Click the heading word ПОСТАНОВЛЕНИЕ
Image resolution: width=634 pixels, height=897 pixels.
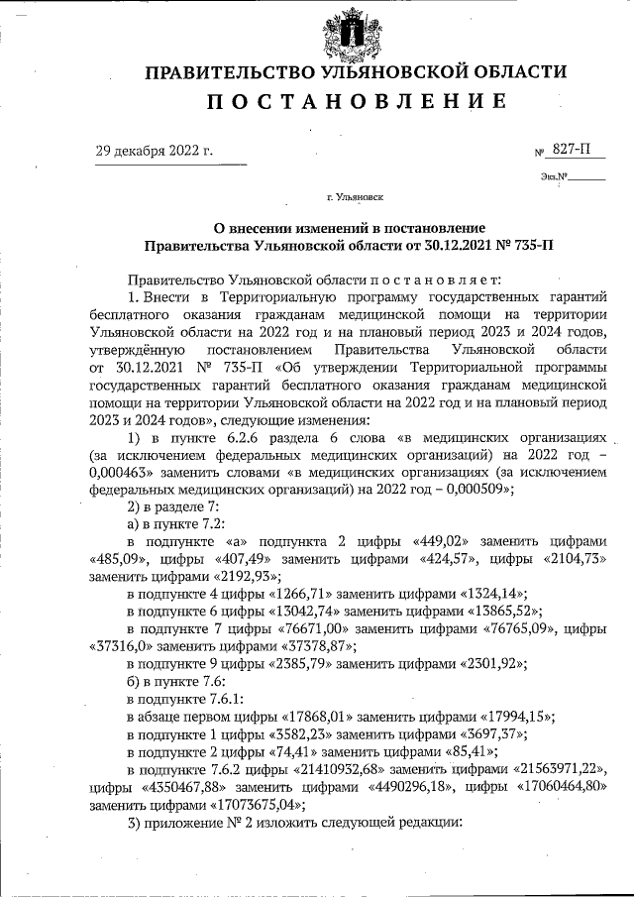(357, 101)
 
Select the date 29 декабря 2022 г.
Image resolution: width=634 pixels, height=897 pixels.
(155, 151)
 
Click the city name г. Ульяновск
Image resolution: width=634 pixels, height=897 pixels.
(356, 198)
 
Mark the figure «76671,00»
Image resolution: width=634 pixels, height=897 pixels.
(321, 628)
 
